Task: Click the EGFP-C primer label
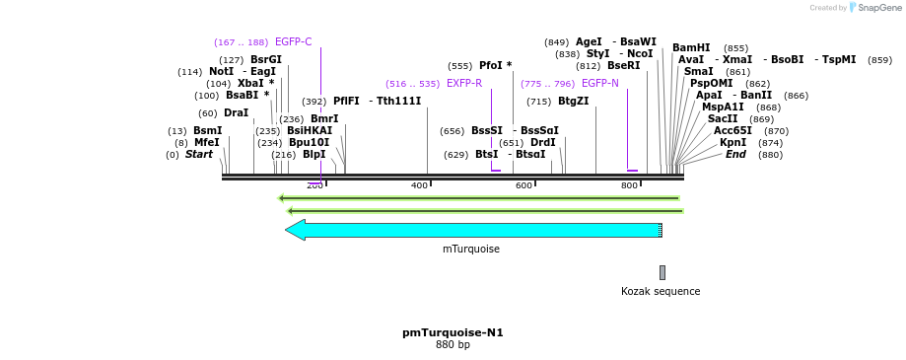coord(293,42)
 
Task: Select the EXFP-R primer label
coord(463,84)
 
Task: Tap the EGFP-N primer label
coord(599,84)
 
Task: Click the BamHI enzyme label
coord(691,47)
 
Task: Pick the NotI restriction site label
coord(221,72)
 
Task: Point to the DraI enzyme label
coord(236,113)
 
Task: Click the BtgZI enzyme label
coord(573,102)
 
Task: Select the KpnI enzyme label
coord(732,143)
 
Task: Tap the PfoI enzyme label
coord(491,66)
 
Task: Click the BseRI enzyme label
coord(623,66)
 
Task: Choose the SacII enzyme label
coord(722,119)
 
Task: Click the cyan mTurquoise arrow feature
coord(473,230)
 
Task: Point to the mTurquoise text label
coord(470,250)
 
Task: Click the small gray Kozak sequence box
coord(662,272)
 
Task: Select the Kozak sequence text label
coord(661,291)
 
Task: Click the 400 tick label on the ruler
coord(420,185)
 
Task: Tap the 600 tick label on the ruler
coord(524,185)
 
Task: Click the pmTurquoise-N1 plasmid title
coord(453,332)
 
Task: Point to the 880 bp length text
coord(453,345)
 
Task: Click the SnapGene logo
coord(872,8)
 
